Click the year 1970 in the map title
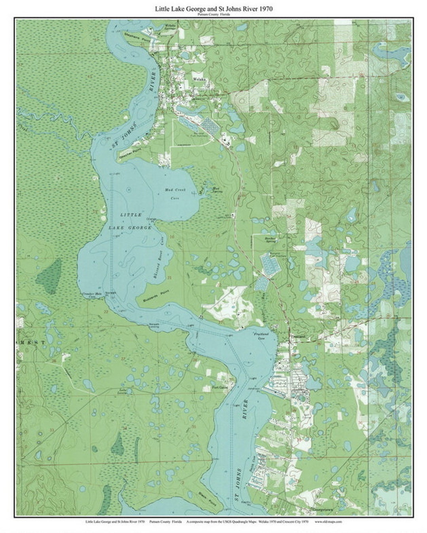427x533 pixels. pos(265,8)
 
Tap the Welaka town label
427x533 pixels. pos(198,79)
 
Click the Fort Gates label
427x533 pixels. pos(220,388)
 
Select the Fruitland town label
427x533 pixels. pos(296,336)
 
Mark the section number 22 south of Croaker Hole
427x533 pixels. pos(106,312)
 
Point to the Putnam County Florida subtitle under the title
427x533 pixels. pos(213,14)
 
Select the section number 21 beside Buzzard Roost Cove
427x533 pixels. pos(169,278)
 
